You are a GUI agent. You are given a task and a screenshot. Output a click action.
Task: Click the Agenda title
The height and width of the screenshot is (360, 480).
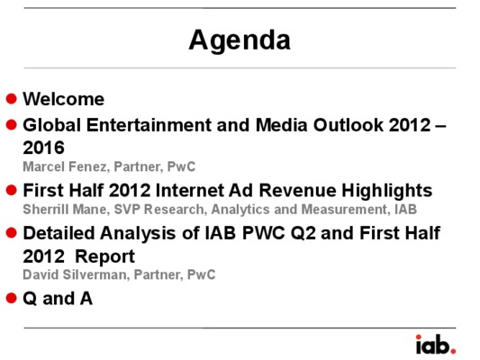tap(240, 40)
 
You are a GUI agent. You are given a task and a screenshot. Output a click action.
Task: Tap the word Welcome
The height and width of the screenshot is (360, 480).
tap(64, 99)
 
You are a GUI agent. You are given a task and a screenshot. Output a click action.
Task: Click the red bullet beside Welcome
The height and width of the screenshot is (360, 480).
tap(12, 98)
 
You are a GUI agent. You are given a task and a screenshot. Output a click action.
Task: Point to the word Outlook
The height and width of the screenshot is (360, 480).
tap(348, 125)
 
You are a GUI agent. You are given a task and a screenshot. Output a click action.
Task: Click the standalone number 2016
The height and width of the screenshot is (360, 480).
tap(43, 148)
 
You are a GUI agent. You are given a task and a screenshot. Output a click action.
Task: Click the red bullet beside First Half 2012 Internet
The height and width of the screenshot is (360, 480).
tap(12, 190)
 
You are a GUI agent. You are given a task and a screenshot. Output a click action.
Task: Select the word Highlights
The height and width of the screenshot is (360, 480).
tap(387, 191)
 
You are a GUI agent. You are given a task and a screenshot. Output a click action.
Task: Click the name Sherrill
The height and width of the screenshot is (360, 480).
tap(46, 210)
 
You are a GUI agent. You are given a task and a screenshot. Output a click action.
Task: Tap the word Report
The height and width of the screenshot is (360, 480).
tap(105, 256)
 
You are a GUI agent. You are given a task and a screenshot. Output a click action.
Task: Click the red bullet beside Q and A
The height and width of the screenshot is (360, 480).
tap(12, 298)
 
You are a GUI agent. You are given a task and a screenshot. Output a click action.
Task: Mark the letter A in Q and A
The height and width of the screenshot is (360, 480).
tap(86, 298)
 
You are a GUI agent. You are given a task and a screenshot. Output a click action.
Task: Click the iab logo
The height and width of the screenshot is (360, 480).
tap(436, 344)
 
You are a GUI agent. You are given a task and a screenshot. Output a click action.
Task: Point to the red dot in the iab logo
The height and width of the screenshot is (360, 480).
tap(453, 351)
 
